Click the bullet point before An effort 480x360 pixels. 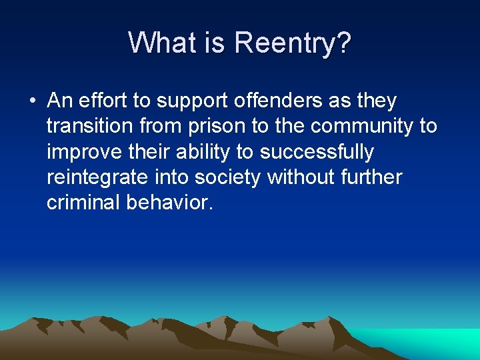click(x=32, y=101)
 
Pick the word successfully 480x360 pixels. click(x=317, y=152)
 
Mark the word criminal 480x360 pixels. click(x=83, y=203)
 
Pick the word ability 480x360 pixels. click(x=203, y=152)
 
